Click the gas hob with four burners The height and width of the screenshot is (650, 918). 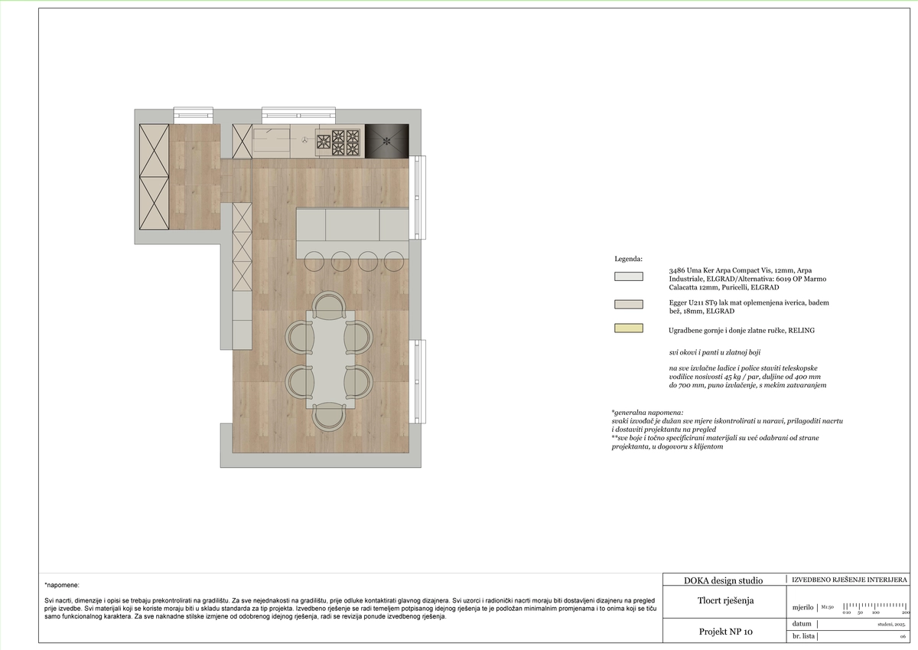(337, 141)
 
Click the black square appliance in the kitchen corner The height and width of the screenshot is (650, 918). (386, 140)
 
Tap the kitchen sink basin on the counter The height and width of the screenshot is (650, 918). (271, 142)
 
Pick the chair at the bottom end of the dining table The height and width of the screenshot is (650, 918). (330, 415)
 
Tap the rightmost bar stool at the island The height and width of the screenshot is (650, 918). (393, 260)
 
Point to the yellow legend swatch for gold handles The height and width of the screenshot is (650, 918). (628, 329)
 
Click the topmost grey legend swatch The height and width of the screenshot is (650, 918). (628, 276)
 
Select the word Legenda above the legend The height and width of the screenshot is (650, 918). (629, 260)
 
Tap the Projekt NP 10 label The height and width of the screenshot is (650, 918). (726, 632)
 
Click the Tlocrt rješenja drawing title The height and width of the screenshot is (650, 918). (725, 600)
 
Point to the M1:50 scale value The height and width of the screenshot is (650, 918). (827, 607)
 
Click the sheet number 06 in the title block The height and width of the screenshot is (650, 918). (903, 636)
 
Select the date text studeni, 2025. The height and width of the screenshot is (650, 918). (891, 625)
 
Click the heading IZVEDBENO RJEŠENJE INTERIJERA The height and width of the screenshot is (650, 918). (849, 580)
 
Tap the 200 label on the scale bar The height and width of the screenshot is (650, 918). (906, 613)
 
